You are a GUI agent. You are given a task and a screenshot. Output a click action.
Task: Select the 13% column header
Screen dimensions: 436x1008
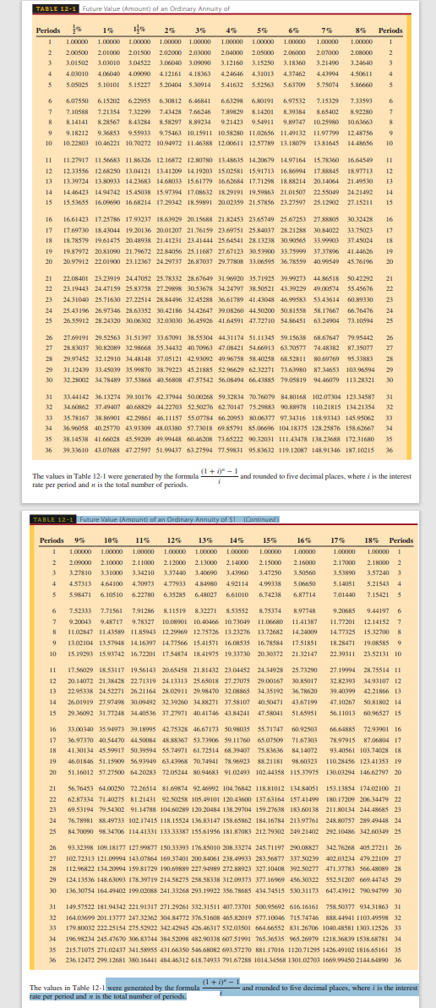click(204, 516)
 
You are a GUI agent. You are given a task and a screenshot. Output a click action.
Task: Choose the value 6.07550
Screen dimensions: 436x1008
click(79, 100)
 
